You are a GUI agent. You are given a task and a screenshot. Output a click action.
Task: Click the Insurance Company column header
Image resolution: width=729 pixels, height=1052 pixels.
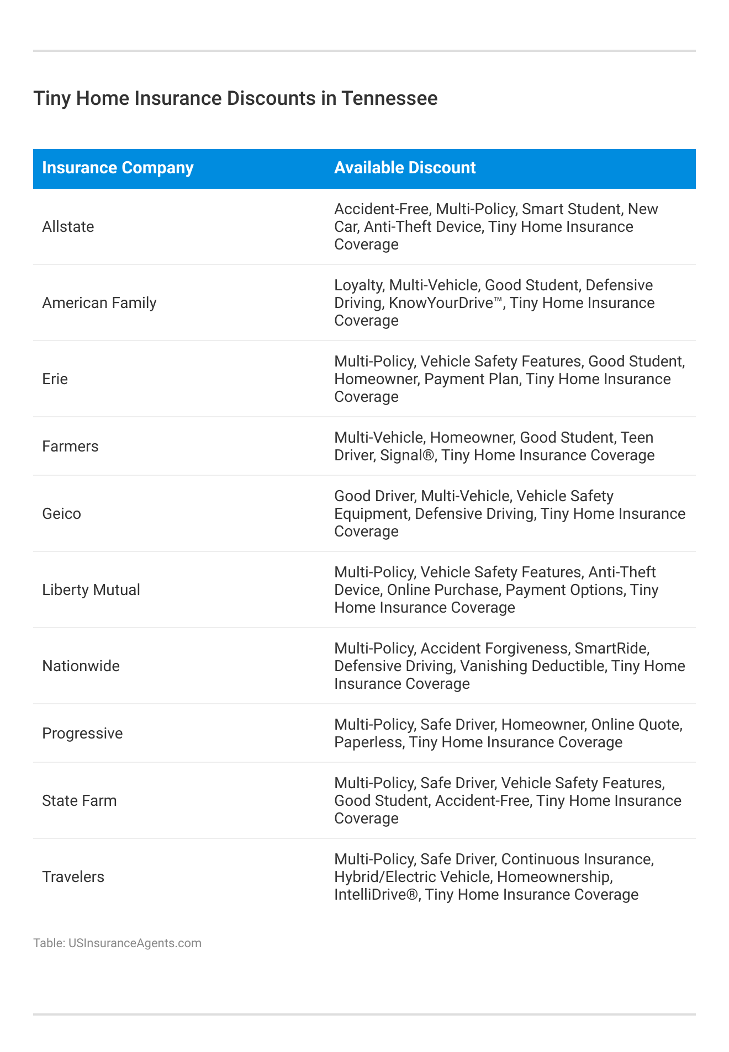click(x=118, y=168)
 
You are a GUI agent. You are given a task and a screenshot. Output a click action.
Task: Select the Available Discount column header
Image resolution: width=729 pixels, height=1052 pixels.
click(x=405, y=168)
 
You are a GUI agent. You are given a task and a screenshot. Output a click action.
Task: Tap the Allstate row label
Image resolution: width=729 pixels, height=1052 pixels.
click(x=68, y=227)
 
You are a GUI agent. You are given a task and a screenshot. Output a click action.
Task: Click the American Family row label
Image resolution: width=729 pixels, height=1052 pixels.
click(x=99, y=303)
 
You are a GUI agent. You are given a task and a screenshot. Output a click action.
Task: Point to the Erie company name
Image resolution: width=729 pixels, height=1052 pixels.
click(x=55, y=379)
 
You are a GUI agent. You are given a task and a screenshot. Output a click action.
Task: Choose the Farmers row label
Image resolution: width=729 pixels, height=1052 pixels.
click(x=70, y=447)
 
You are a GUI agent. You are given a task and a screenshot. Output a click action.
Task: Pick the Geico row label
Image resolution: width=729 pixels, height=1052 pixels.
click(x=61, y=514)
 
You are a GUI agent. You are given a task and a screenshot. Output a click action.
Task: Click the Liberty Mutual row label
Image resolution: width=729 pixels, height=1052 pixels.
click(x=91, y=590)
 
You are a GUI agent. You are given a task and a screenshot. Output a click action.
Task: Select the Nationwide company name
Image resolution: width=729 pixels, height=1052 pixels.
click(x=81, y=666)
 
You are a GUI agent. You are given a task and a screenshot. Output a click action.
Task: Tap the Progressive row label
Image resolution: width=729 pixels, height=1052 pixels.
click(x=82, y=734)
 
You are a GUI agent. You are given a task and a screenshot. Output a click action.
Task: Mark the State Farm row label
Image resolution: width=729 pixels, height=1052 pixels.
click(x=80, y=801)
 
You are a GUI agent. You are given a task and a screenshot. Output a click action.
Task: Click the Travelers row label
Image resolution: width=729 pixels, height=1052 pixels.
click(x=73, y=877)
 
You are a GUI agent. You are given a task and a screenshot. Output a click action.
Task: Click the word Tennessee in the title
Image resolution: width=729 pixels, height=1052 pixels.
click(x=389, y=98)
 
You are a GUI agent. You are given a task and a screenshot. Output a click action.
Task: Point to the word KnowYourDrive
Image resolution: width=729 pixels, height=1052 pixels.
click(x=445, y=303)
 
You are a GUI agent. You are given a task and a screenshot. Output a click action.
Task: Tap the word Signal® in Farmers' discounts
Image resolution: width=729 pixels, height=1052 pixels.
click(x=407, y=455)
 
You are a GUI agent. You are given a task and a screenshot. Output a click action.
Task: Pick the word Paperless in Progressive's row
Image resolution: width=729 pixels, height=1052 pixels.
click(x=368, y=742)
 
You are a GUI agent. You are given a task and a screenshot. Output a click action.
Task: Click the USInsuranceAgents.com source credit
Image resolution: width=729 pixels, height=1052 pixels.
click(x=135, y=943)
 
